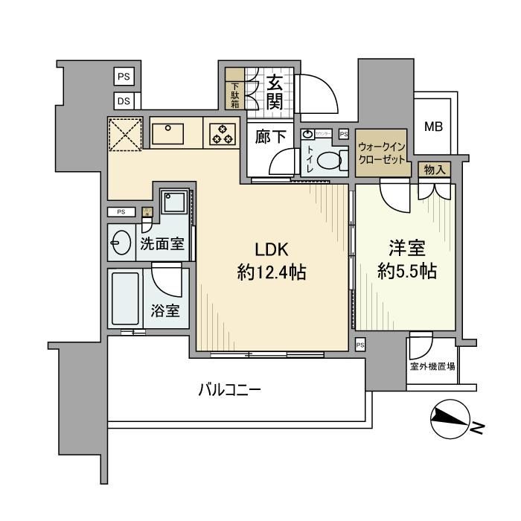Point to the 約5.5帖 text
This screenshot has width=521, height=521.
point(406,272)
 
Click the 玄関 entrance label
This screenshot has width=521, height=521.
point(274,91)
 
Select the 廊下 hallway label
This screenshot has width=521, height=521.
point(269,137)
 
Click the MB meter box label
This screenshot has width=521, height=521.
point(433,126)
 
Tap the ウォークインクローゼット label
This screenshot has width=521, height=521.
point(382,153)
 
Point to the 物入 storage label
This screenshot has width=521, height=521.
point(434,170)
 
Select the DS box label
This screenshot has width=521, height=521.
point(124,100)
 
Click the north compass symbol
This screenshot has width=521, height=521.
point(451,422)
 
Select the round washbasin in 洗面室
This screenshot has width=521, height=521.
point(121,242)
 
